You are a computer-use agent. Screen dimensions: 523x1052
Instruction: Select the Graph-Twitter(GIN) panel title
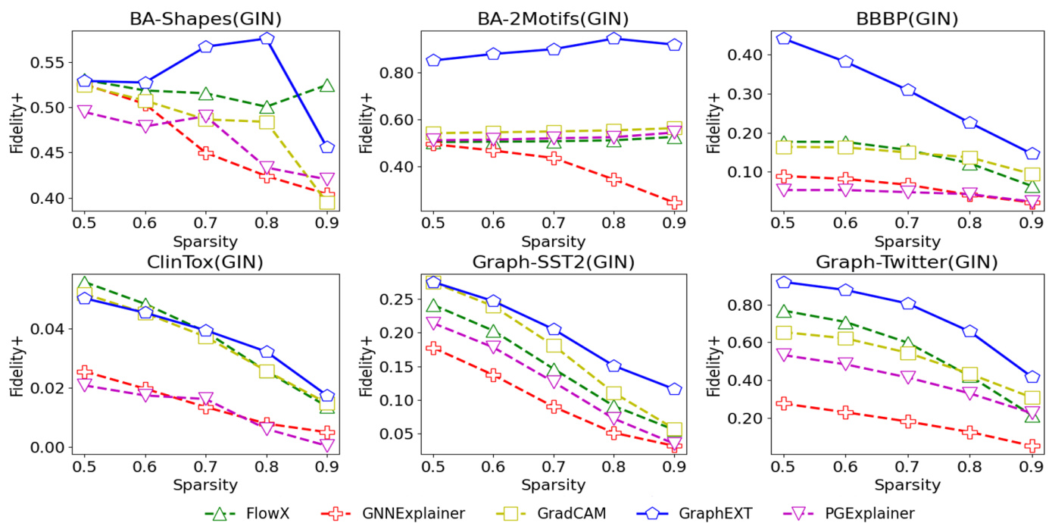(x=902, y=262)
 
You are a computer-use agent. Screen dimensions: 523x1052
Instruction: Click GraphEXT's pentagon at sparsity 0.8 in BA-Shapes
(x=267, y=39)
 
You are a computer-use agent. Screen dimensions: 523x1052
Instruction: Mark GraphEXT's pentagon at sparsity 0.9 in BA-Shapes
(x=327, y=147)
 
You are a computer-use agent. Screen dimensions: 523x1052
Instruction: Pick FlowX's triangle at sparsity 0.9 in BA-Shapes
(x=327, y=86)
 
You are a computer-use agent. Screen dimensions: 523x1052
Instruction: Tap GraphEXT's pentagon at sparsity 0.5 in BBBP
(x=783, y=39)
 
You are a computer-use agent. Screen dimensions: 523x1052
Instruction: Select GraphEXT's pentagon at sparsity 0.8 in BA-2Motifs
(x=613, y=39)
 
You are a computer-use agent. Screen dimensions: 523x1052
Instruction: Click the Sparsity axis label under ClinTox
(x=204, y=484)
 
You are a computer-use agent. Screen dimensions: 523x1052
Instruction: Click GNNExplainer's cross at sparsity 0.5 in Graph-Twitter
(x=783, y=403)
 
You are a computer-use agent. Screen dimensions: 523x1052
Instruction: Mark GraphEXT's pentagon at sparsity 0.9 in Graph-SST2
(x=674, y=389)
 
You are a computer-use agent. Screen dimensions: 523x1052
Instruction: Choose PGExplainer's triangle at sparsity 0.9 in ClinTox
(x=327, y=445)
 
